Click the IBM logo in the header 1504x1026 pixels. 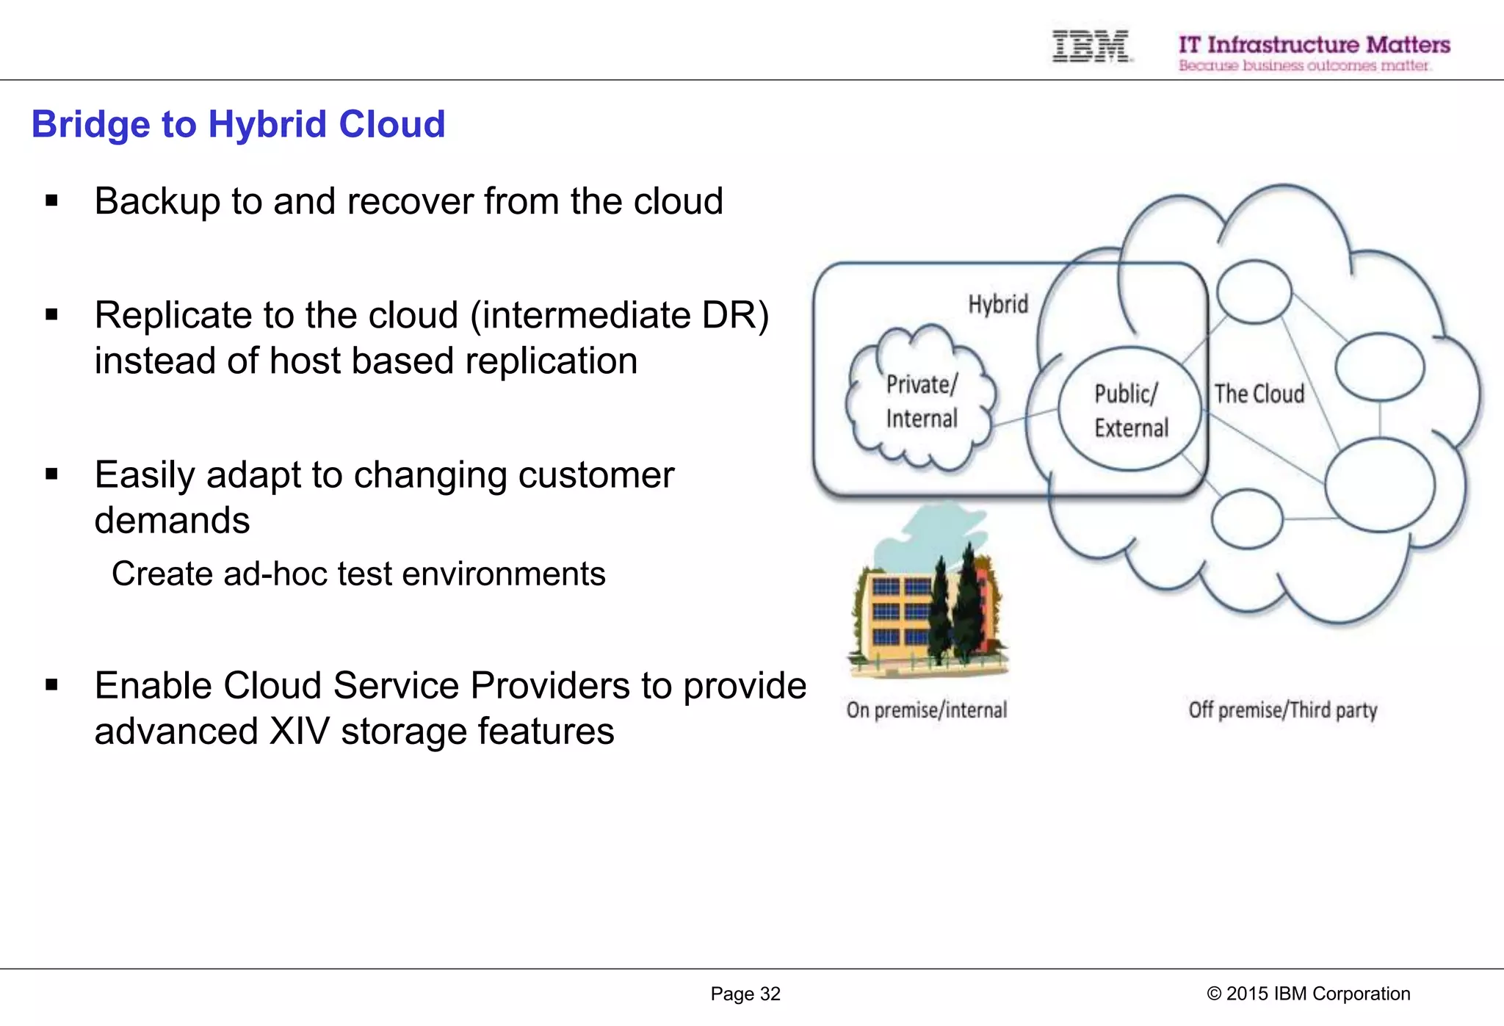pos(1091,46)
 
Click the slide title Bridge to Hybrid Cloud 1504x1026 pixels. pos(238,124)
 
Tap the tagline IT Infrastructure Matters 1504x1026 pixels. pos(1314,44)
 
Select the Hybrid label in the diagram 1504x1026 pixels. pos(997,304)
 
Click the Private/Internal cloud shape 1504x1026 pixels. pos(921,401)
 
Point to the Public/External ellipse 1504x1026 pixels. pos(1130,410)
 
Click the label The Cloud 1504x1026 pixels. pos(1259,394)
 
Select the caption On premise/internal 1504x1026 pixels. pos(926,709)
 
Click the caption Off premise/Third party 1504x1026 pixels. pos(1282,709)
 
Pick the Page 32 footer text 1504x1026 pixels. pos(745,994)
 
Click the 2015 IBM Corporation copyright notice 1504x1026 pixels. pos(1308,994)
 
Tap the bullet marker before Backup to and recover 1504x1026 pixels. pos(51,200)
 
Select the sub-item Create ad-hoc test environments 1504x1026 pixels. pos(358,574)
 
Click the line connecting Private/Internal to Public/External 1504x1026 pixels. pos(1025,417)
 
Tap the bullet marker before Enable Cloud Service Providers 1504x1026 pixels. pos(51,685)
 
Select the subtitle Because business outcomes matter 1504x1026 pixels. pos(1304,66)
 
